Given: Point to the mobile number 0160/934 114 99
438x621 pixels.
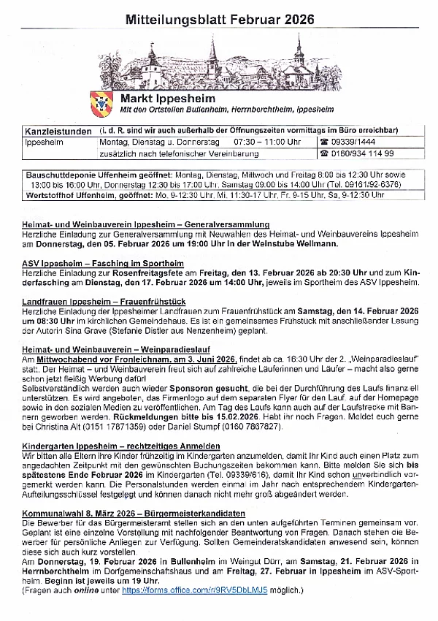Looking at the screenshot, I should [x=357, y=153].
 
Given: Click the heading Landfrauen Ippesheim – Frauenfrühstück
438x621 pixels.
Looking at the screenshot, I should [x=104, y=301].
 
